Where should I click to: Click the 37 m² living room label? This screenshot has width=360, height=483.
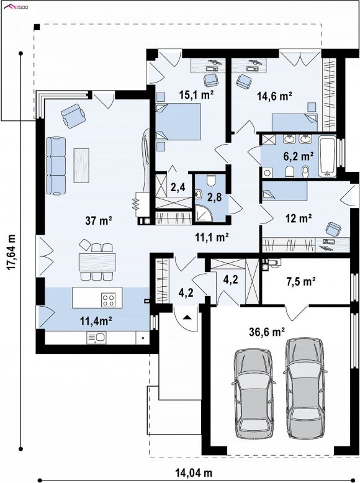point(99,220)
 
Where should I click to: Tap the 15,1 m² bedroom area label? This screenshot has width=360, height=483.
point(197,95)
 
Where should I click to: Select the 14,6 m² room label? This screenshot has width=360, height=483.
point(274,96)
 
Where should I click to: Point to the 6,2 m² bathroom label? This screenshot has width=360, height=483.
point(299,156)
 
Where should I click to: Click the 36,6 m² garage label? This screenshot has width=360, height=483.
point(267,332)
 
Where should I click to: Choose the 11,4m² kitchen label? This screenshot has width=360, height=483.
point(96,322)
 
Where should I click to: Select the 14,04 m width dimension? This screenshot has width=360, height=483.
point(194,472)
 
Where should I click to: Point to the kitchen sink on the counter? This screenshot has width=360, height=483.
point(96,338)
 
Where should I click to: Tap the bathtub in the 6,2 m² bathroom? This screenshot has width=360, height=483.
point(327,156)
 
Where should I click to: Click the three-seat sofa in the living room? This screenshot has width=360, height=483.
point(56,166)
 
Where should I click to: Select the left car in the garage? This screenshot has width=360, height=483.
point(253,394)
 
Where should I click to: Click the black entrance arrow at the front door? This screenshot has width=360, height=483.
point(186,317)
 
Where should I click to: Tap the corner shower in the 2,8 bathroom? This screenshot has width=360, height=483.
point(204,214)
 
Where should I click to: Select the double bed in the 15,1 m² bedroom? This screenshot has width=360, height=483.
point(178,122)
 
